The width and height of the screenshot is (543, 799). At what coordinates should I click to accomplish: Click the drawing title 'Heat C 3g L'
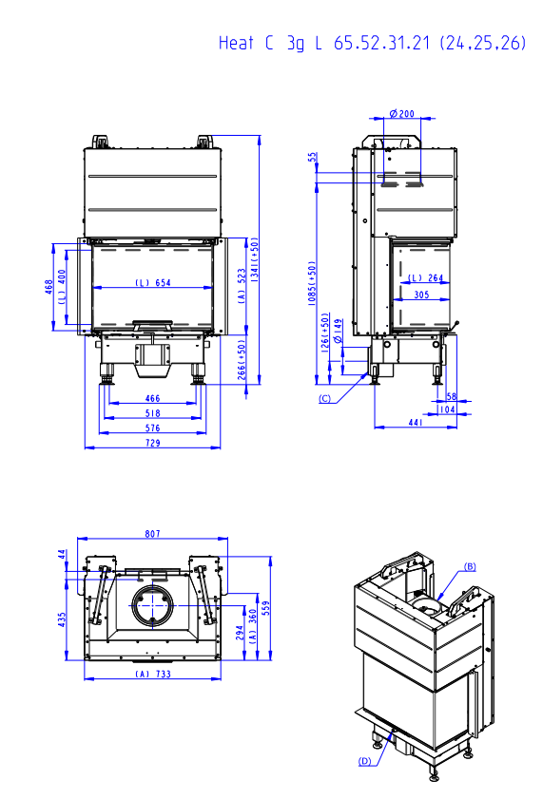pyautogui.click(x=270, y=44)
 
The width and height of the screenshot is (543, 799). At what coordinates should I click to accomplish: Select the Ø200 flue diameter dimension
pyautogui.click(x=401, y=114)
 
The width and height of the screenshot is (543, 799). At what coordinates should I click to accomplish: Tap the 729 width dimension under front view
pyautogui.click(x=153, y=443)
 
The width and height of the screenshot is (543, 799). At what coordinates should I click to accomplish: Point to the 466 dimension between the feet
pyautogui.click(x=152, y=398)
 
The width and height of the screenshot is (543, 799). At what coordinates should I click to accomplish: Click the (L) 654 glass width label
pyautogui.click(x=153, y=282)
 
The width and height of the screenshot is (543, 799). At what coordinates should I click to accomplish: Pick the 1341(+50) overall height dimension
pyautogui.click(x=255, y=260)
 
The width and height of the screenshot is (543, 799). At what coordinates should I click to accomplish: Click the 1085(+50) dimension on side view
pyautogui.click(x=312, y=283)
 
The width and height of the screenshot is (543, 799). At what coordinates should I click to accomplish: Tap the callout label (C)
pyautogui.click(x=325, y=399)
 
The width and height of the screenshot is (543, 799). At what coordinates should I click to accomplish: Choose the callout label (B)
pyautogui.click(x=470, y=566)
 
